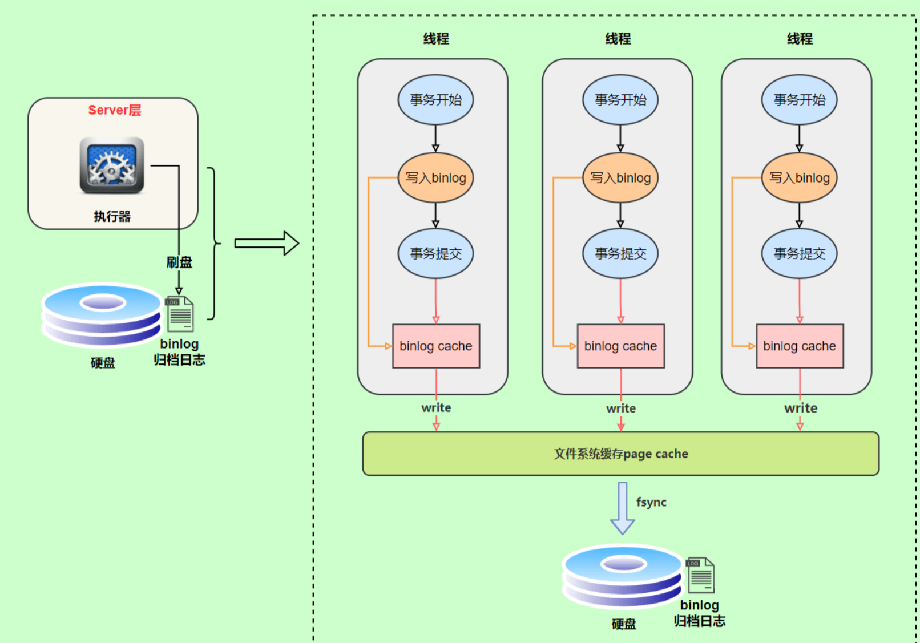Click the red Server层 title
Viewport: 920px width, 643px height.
pyautogui.click(x=115, y=110)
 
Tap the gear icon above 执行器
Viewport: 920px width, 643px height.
pyautogui.click(x=112, y=165)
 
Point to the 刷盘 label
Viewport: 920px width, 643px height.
pyautogui.click(x=179, y=262)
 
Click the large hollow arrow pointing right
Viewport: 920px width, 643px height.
pyautogui.click(x=267, y=244)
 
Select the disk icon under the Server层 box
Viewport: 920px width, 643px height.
pyautogui.click(x=102, y=314)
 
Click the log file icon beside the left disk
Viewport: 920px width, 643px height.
pyautogui.click(x=179, y=314)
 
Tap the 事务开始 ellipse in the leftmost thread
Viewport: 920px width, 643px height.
pyautogui.click(x=436, y=100)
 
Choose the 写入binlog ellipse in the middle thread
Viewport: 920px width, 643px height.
pyautogui.click(x=620, y=178)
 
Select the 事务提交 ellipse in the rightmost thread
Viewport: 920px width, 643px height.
pyautogui.click(x=799, y=253)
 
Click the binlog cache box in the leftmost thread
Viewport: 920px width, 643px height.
pyautogui.click(x=436, y=346)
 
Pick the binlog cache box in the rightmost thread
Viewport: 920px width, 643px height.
pyautogui.click(x=800, y=346)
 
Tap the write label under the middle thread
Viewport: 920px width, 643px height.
pyautogui.click(x=621, y=408)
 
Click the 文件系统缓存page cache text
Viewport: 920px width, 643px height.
pyautogui.click(x=621, y=454)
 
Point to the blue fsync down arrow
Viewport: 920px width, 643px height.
pyautogui.click(x=623, y=508)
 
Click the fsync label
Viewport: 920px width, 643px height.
pyautogui.click(x=651, y=502)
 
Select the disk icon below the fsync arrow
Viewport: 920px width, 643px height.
pyautogui.click(x=623, y=576)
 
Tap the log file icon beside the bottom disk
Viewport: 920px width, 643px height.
pyautogui.click(x=700, y=575)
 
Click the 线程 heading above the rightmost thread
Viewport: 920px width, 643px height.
pyautogui.click(x=800, y=39)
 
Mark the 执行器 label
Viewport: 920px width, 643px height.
pyautogui.click(x=112, y=216)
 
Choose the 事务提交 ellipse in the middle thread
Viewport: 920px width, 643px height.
pyautogui.click(x=620, y=253)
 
